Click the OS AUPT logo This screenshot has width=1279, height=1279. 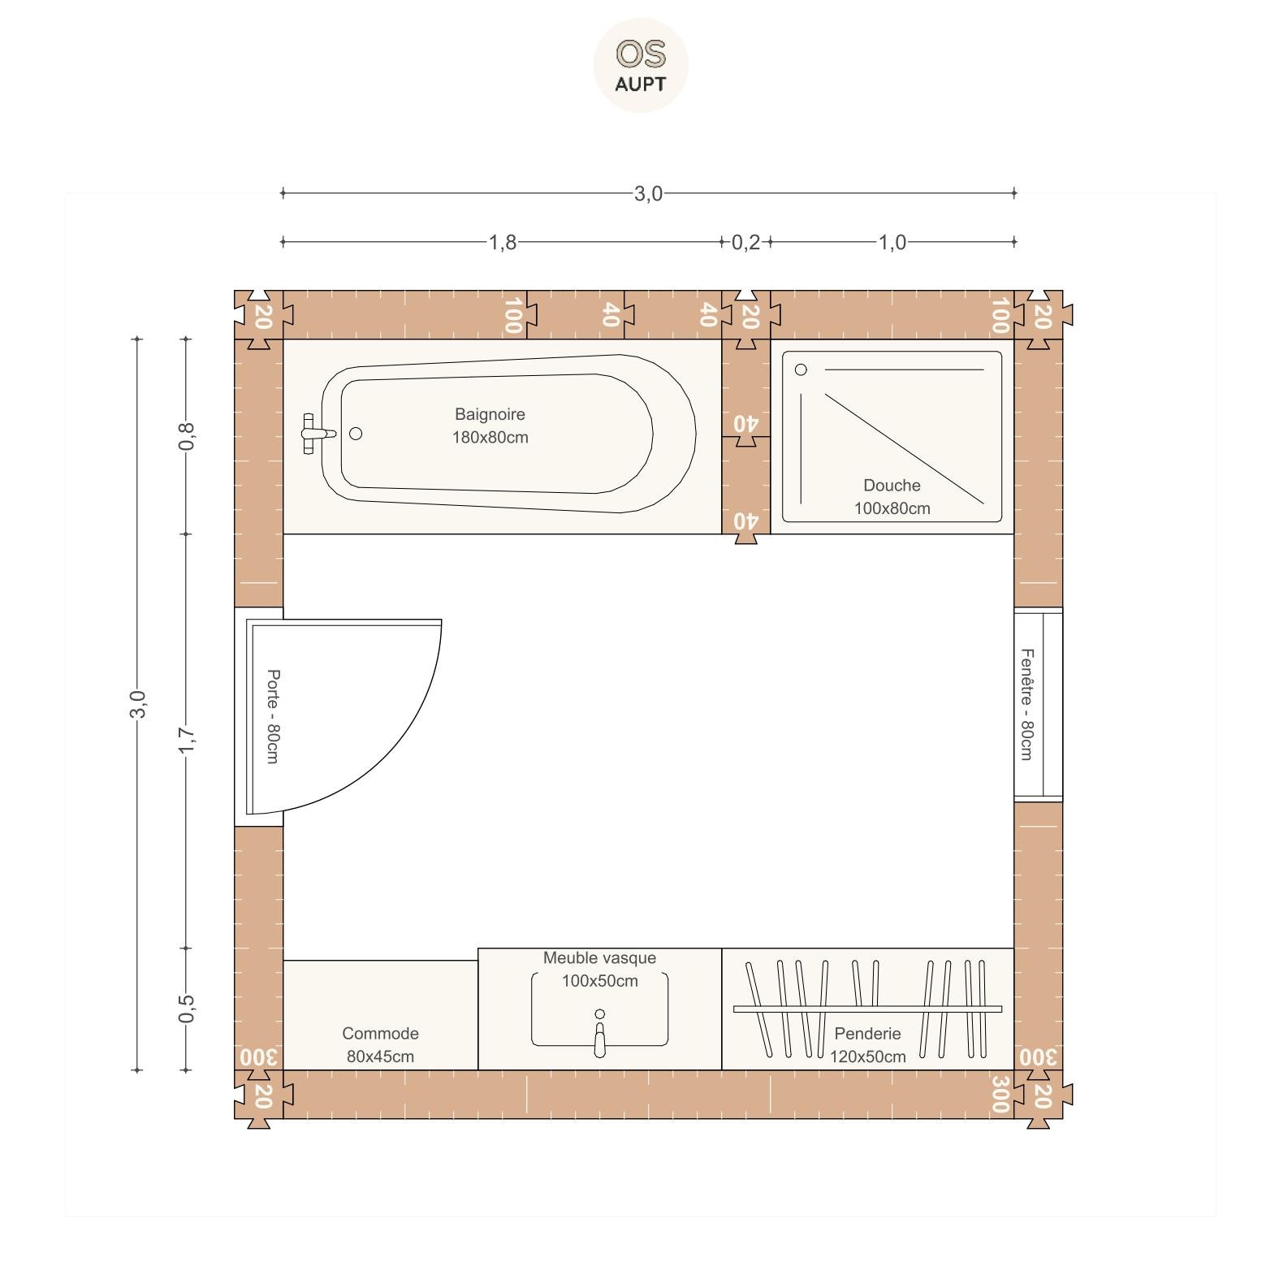coord(641,65)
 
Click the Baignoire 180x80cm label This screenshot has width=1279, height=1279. coord(490,426)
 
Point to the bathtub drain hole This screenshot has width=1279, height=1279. coord(356,434)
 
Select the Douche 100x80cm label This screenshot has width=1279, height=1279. coord(892,497)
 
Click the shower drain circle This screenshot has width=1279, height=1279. coord(801,369)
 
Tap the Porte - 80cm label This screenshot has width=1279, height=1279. coord(273,716)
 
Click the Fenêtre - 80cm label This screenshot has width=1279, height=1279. coord(1026,704)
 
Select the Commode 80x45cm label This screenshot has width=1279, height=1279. coord(380,1045)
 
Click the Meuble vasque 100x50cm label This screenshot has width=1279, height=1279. coord(599,969)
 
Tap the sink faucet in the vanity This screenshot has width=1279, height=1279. coord(600,1034)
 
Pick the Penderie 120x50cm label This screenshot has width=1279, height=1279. coord(867,1045)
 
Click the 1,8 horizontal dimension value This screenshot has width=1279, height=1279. coord(503,242)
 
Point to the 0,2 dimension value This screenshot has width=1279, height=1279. coord(746,242)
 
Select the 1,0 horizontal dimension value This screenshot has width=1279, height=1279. coord(892,242)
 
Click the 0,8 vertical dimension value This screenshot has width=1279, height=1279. coord(187,437)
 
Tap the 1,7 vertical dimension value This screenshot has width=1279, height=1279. coord(187,741)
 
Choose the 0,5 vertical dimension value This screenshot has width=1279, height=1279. coord(187,1009)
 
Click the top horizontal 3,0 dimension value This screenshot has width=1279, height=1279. coord(648,193)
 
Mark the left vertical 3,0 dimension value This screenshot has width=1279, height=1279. coord(138,704)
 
